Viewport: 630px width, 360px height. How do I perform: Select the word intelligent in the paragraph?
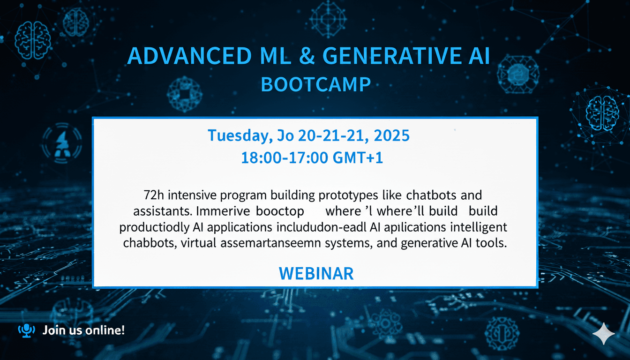click(476, 228)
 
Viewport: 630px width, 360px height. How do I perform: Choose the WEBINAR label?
click(316, 273)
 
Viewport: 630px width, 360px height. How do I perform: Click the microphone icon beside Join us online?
click(26, 330)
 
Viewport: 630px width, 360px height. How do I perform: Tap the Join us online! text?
click(83, 330)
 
